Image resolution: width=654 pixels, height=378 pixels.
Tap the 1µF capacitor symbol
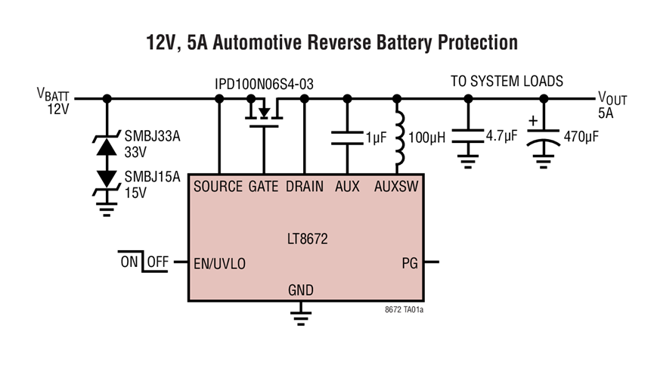tap(348, 138)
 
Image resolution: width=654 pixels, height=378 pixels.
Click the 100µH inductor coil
tap(396, 138)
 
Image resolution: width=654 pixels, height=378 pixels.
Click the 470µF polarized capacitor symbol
tap(541, 138)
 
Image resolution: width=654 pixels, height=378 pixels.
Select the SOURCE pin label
tap(218, 186)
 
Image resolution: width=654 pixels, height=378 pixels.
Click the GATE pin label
tap(264, 186)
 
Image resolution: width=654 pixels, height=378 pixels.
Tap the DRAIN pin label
tap(305, 186)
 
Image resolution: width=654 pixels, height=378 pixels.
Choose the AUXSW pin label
tap(396, 186)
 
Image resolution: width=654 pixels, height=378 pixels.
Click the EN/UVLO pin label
tap(220, 263)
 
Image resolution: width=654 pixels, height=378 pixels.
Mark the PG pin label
tap(408, 263)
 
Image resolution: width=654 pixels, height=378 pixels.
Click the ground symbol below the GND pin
tap(301, 316)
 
